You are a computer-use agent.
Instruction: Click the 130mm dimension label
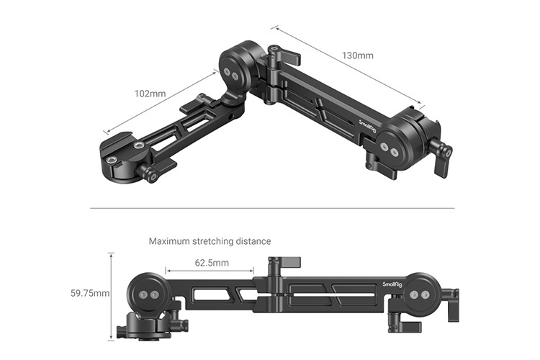pos(357,55)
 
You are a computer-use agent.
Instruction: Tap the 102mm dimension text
pos(150,94)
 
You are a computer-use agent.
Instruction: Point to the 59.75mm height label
pos(90,294)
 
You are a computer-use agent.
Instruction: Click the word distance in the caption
pos(252,241)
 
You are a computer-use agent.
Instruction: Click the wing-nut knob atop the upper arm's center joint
pos(275,55)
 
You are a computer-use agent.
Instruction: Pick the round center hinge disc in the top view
pos(235,72)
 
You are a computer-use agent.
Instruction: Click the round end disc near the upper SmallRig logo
pos(393,147)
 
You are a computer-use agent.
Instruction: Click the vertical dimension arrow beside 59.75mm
pos(112,295)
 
